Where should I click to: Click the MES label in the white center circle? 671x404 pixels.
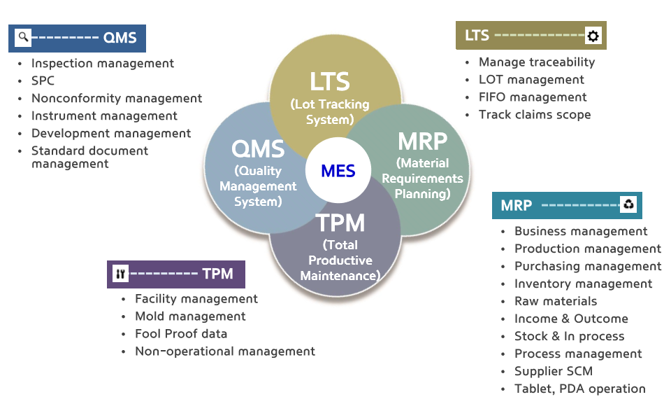[338, 171]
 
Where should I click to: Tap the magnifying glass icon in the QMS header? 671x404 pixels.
[23, 37]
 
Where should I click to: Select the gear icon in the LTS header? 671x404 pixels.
[593, 36]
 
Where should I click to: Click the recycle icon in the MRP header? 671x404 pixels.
[628, 204]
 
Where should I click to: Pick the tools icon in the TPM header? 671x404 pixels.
[121, 274]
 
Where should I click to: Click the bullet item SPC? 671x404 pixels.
[43, 81]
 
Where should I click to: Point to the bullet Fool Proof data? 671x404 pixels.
[181, 334]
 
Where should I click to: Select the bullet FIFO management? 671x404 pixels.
[533, 97]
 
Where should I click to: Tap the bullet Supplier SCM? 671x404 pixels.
[554, 371]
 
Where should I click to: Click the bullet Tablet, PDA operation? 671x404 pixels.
[580, 389]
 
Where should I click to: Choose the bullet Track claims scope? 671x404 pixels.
[535, 115]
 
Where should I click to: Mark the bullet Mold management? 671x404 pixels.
[190, 316]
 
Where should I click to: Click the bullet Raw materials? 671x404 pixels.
[556, 301]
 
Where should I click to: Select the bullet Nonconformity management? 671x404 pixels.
[117, 98]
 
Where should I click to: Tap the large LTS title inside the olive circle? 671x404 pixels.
[329, 81]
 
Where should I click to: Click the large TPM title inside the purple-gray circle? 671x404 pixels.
[340, 223]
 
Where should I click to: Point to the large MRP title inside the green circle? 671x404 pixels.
[422, 141]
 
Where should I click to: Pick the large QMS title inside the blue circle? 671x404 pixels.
[258, 149]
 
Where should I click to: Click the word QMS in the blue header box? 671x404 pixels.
[120, 38]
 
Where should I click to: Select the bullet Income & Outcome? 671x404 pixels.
[571, 319]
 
